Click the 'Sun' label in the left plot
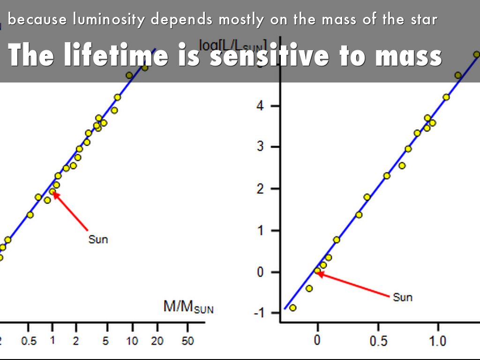98,240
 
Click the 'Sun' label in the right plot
403,297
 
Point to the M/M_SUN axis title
188,307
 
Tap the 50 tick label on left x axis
187,341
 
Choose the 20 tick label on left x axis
157,341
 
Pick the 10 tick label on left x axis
132,341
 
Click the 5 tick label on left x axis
106,341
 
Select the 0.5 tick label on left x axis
29,341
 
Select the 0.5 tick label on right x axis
377,341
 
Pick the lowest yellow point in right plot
292,307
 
